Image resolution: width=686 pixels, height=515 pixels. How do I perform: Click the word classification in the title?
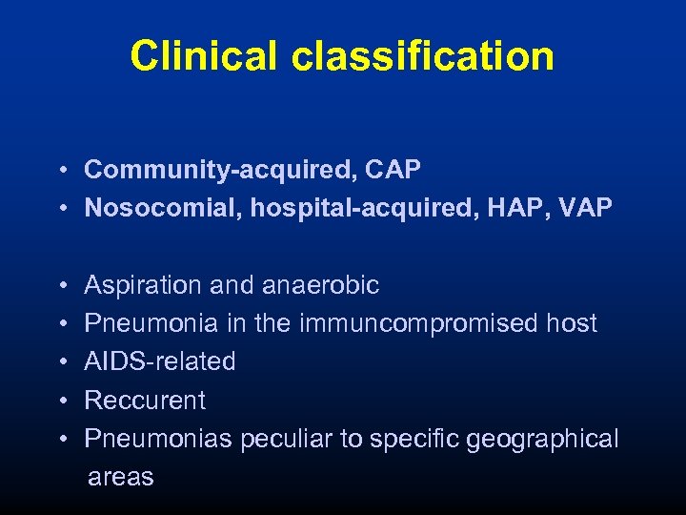coord(423,56)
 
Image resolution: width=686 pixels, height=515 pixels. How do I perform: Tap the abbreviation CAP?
coord(393,170)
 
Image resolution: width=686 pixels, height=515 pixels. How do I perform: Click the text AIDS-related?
coord(160,361)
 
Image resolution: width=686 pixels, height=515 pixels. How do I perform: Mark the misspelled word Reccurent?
coord(145,400)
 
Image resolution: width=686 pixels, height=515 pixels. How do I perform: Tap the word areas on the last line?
coord(120,477)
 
